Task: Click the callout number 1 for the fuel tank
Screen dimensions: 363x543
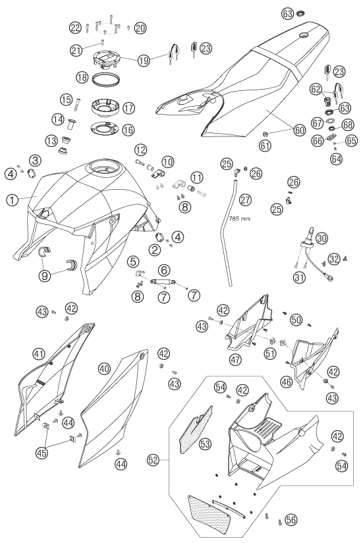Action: pyautogui.click(x=13, y=200)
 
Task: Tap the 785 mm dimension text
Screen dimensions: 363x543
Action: pyautogui.click(x=240, y=219)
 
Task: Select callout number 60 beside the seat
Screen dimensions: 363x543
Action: pyautogui.click(x=299, y=130)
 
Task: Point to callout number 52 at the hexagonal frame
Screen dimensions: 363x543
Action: pyautogui.click(x=153, y=460)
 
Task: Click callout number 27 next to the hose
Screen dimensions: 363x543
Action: pyautogui.click(x=245, y=200)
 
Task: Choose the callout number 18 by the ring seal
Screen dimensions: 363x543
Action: pyautogui.click(x=82, y=77)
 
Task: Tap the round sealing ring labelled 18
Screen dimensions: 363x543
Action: pyautogui.click(x=106, y=79)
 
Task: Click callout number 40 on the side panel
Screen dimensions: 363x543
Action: pyautogui.click(x=105, y=369)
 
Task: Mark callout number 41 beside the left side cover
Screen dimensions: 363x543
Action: pyautogui.click(x=39, y=354)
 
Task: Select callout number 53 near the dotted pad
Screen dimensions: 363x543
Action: pyautogui.click(x=206, y=444)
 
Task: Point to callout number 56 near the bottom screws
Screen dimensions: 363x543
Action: pyautogui.click(x=291, y=519)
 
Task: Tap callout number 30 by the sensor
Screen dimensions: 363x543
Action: pyautogui.click(x=321, y=239)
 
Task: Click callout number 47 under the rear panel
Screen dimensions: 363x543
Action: pyautogui.click(x=236, y=359)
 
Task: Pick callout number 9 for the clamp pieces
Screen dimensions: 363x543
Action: pyautogui.click(x=45, y=275)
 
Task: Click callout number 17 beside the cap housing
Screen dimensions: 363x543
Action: pyautogui.click(x=128, y=107)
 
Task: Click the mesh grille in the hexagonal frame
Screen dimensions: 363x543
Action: pyautogui.click(x=209, y=511)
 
